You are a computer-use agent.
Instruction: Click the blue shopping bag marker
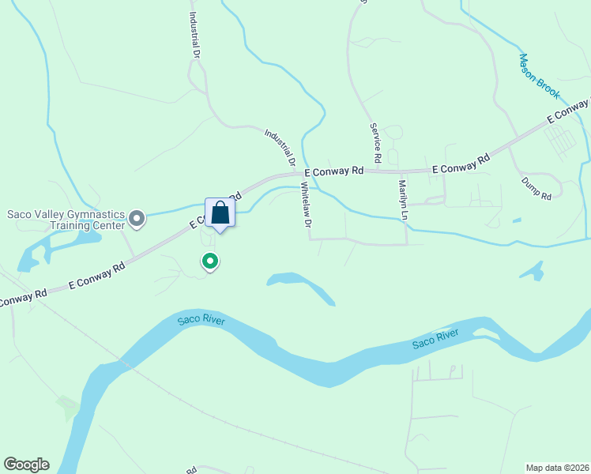point(220,213)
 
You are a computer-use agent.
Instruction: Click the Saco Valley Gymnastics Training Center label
point(66,220)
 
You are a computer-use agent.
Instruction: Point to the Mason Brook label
point(540,76)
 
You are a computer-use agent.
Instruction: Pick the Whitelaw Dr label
point(306,205)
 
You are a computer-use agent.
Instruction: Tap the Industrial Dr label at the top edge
point(194,33)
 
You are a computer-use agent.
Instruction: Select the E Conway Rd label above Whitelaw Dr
point(334,171)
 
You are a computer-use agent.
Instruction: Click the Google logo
point(26,465)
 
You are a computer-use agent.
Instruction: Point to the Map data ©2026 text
point(557,468)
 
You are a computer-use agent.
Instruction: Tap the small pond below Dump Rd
point(532,271)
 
